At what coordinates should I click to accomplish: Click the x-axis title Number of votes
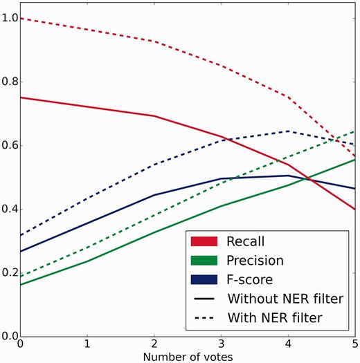188,357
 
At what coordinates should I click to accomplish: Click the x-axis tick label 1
87,344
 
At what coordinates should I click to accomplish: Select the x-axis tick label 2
154,344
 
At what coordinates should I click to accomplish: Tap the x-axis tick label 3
221,344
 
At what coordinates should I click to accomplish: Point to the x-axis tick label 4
288,344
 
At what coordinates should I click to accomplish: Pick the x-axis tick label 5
354,344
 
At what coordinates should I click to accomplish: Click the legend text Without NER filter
284,299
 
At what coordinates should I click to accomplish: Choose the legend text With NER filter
275,319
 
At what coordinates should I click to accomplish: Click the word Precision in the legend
255,261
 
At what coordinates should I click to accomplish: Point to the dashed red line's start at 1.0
21,18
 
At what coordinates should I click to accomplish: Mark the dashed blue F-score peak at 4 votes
288,131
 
